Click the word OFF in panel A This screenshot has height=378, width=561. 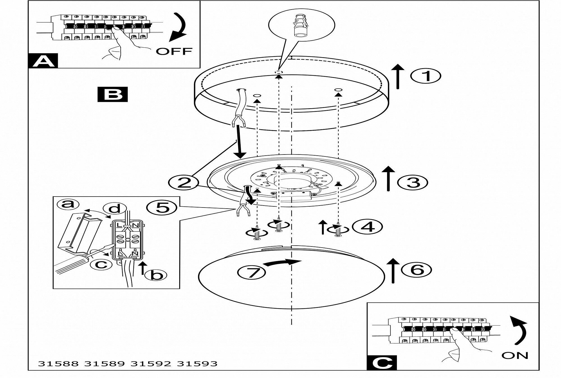174,52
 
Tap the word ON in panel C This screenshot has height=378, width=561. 515,355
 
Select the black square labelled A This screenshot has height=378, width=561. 43,61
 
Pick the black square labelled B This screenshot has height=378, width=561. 112,94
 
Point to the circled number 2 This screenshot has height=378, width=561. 184,183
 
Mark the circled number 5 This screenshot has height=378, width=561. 162,208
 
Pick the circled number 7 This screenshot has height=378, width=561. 252,272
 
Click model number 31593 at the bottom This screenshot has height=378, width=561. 197,364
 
